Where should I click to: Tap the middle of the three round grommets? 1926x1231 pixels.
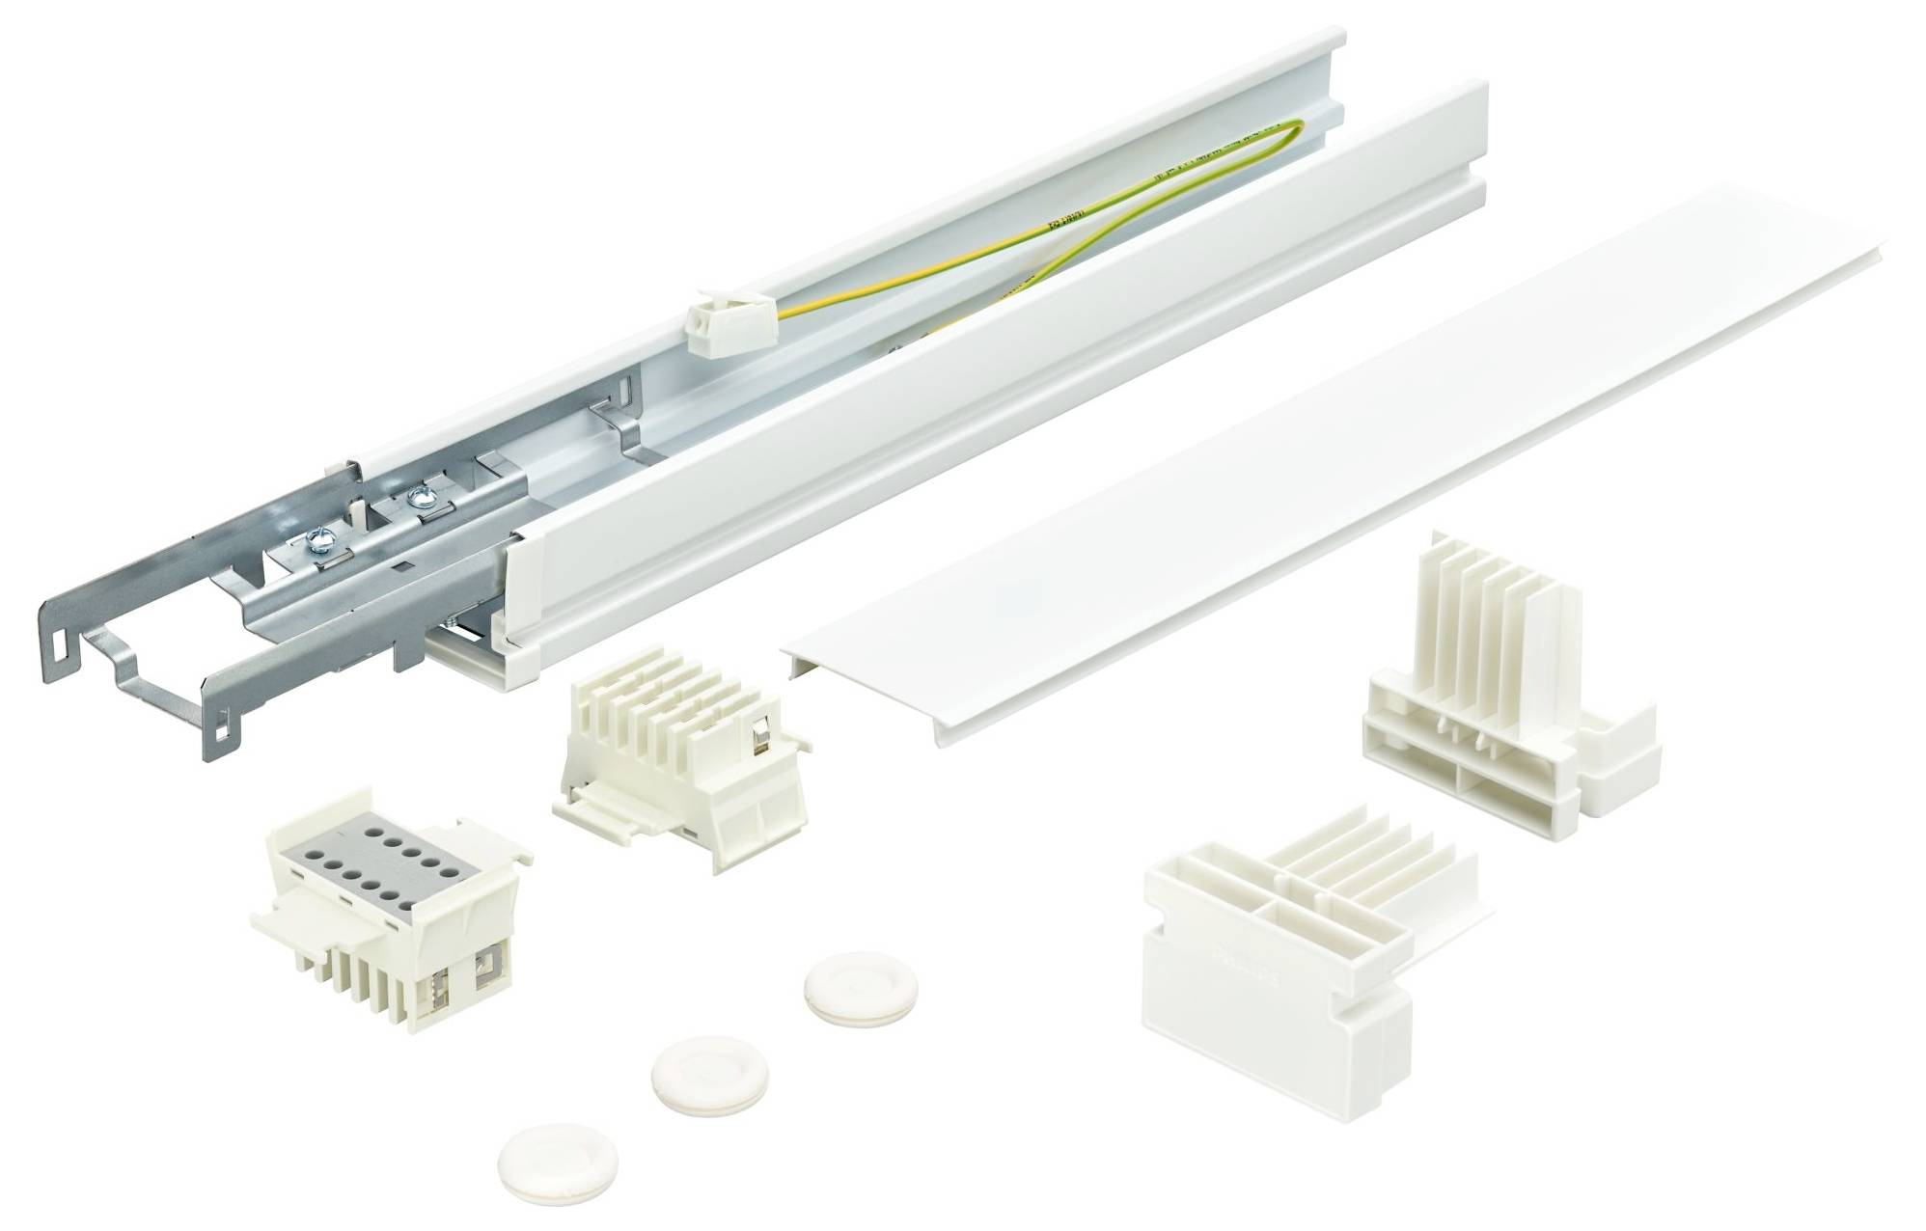pyautogui.click(x=690, y=1067)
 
